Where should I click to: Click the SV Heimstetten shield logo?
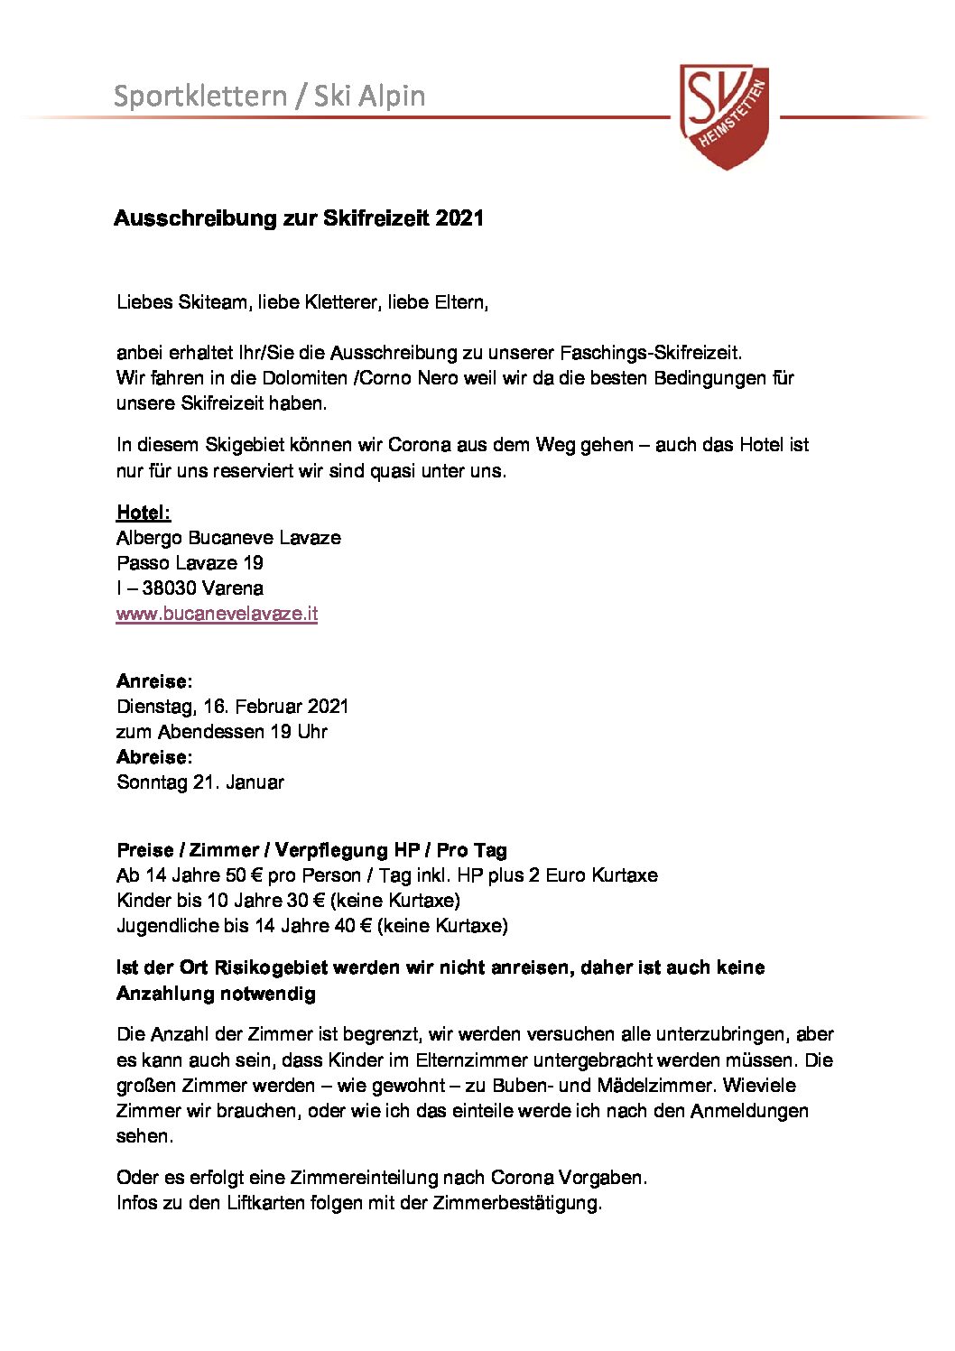pyautogui.click(x=725, y=115)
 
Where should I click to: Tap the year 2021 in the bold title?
pyautogui.click(x=459, y=218)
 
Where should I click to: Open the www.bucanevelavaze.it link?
pyautogui.click(x=217, y=614)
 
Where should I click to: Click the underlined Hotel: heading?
pyautogui.click(x=144, y=513)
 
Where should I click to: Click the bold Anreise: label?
pyautogui.click(x=154, y=681)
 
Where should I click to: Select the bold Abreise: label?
pyautogui.click(x=154, y=757)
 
